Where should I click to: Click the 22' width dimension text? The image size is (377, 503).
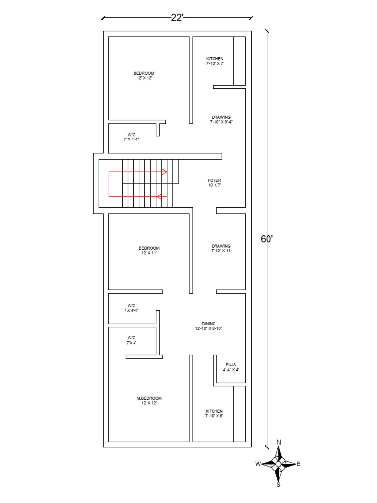coord(177,18)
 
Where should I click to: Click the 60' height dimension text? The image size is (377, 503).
coord(267,239)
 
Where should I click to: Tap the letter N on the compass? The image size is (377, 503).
coord(279,442)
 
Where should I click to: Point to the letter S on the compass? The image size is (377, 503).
coord(278,485)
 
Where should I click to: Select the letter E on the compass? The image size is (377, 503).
coord(299,464)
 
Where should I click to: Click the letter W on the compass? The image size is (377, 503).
coord(258,464)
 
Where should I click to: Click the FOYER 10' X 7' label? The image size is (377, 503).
coord(215,183)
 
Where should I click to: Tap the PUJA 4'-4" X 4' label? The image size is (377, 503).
coord(231,367)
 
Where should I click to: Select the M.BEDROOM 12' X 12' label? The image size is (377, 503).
coord(149,401)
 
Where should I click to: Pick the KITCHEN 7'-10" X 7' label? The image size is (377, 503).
coord(215,61)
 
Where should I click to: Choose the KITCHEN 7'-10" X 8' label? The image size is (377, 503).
coord(214,413)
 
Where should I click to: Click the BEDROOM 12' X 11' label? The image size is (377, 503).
coord(149,251)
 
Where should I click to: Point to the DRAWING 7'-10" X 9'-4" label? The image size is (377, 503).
coord(221,119)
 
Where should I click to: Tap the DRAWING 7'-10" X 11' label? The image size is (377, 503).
coord(221,248)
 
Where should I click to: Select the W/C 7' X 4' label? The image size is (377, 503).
coord(132,340)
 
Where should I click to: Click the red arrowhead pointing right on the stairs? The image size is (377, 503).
coord(164,172)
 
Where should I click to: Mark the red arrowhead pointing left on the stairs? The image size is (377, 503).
coord(159,196)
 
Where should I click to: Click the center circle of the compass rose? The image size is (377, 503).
coord(278,464)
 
